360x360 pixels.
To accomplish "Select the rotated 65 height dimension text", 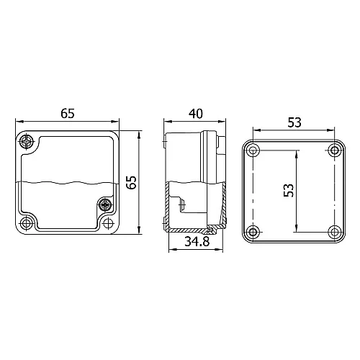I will (x=131, y=181).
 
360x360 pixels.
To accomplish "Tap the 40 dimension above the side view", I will (x=193, y=113).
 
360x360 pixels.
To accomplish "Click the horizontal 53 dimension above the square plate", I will (x=294, y=122).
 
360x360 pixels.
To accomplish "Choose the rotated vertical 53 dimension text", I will (x=289, y=191).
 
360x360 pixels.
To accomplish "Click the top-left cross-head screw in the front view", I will (x=28, y=140).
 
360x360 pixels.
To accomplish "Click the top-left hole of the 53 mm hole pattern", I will (x=253, y=150).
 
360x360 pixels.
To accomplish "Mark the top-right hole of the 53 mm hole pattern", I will (x=334, y=150).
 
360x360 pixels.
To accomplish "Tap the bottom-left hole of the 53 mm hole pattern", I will (x=253, y=231).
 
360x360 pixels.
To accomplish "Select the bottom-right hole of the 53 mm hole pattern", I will (x=334, y=231).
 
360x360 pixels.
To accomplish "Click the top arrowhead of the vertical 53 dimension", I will (x=296, y=152).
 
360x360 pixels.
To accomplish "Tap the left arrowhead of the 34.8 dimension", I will (x=169, y=251).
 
